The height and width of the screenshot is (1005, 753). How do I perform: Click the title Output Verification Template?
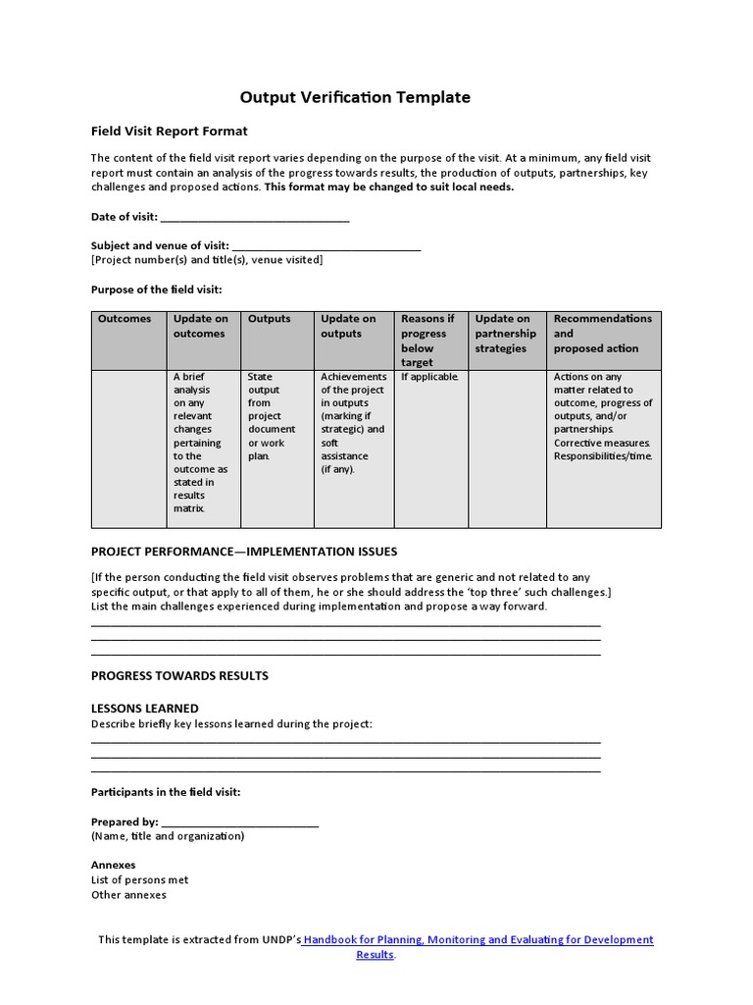(355, 97)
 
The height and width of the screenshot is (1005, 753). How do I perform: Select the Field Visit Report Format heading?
(169, 131)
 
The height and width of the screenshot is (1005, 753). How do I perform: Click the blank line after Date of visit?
(254, 217)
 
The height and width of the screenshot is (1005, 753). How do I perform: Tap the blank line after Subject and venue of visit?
(326, 245)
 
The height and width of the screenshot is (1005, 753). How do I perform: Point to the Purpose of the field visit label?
(156, 290)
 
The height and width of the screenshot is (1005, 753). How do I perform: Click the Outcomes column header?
(125, 319)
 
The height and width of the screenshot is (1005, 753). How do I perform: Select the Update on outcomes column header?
(201, 326)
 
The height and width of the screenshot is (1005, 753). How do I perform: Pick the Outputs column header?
(270, 319)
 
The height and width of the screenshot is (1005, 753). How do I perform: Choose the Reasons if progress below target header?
(428, 340)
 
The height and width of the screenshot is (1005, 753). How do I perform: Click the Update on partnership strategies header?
(506, 333)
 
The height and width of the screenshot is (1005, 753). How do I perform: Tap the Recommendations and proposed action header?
(602, 333)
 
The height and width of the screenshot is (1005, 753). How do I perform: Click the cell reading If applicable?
(429, 377)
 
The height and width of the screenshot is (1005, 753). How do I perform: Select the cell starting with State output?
(272, 416)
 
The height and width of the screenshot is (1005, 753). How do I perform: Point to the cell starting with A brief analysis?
(201, 442)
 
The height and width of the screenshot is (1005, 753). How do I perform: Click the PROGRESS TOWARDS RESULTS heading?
(179, 675)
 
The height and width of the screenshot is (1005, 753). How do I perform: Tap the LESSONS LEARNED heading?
(145, 708)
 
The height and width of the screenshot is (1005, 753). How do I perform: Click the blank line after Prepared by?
(239, 822)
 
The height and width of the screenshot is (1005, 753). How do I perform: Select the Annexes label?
(114, 866)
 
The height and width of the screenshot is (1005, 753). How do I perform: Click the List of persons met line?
(139, 880)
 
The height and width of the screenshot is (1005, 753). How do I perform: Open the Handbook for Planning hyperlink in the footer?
(477, 940)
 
